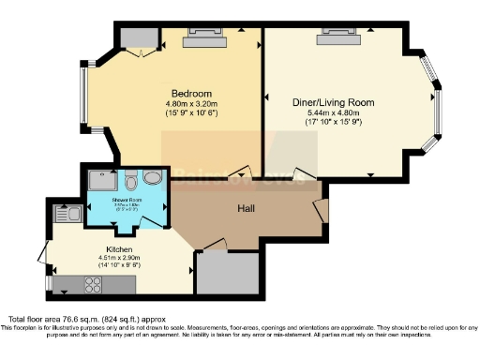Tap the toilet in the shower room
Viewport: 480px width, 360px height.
click(x=132, y=178)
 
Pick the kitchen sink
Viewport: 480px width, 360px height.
click(x=71, y=214)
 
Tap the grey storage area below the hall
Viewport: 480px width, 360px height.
click(x=229, y=273)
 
